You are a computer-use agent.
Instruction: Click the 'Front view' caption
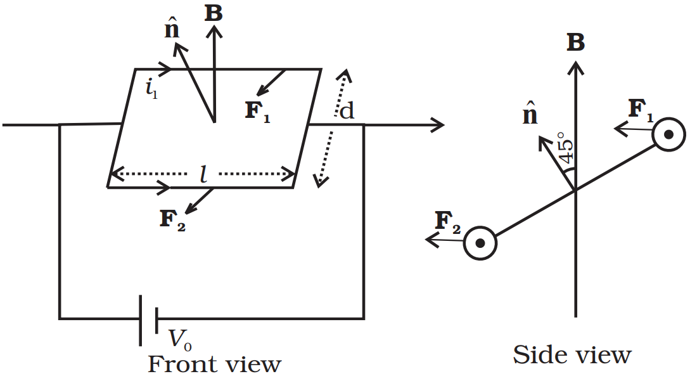tap(214, 365)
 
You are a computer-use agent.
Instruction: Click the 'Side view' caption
tap(572, 354)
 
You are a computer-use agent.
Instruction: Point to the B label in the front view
tap(214, 13)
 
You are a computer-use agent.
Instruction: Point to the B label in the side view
tap(575, 42)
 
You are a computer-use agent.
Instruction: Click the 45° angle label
tap(565, 150)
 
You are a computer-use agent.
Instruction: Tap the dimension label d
tap(347, 111)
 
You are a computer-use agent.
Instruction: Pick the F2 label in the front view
tap(172, 220)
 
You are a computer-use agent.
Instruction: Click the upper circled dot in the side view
tap(668, 134)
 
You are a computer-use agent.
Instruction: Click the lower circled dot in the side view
tap(480, 243)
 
